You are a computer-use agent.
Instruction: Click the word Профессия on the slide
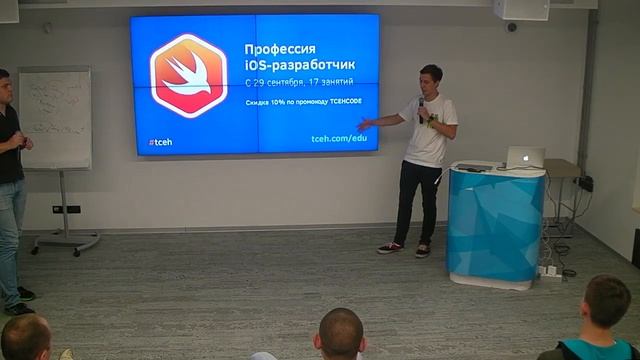[x=280, y=50]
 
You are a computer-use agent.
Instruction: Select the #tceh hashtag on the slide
[x=160, y=142]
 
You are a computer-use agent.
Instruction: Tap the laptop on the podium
[x=524, y=158]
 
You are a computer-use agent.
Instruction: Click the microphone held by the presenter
[x=421, y=103]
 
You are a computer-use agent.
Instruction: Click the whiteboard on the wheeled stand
[x=55, y=117]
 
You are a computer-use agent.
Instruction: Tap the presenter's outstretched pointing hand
[x=378, y=120]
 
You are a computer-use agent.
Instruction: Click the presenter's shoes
[x=405, y=249]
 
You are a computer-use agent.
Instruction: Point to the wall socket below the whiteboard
[x=66, y=209]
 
